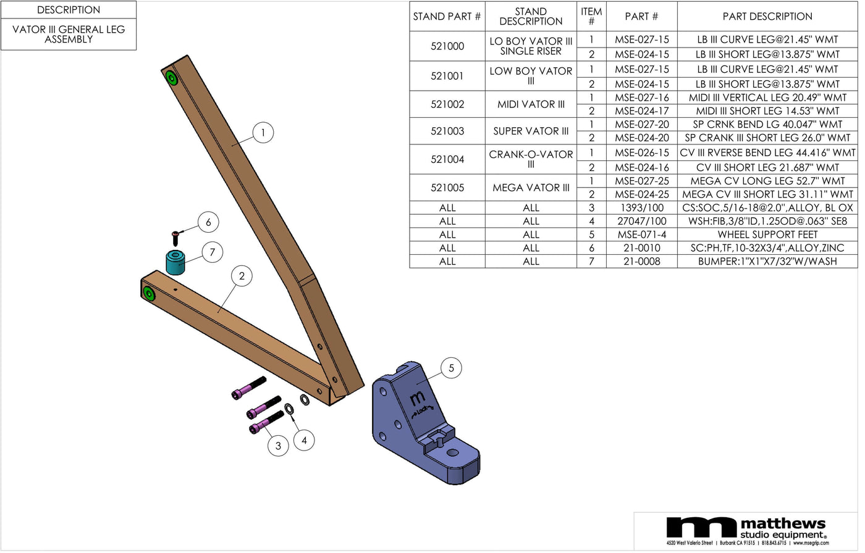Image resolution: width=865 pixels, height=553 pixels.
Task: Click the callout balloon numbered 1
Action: click(x=263, y=133)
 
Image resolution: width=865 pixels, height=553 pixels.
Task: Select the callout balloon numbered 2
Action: click(x=242, y=276)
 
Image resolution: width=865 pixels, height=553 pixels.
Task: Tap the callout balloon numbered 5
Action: click(x=451, y=368)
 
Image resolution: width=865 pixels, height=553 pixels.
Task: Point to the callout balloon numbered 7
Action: click(x=212, y=252)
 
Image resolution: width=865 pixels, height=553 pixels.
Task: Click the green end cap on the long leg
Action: click(x=171, y=79)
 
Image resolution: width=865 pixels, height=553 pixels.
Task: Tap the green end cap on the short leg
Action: click(x=148, y=293)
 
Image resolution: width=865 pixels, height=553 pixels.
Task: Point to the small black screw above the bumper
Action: click(x=176, y=236)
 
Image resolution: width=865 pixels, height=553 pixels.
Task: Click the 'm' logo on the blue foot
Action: click(x=418, y=397)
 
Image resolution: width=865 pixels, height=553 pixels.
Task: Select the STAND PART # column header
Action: click(x=447, y=17)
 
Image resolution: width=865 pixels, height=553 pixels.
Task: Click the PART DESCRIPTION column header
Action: click(x=767, y=17)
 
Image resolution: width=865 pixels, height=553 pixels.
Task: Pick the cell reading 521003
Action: click(x=447, y=131)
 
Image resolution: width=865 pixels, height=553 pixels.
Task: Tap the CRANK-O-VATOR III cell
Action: click(x=531, y=159)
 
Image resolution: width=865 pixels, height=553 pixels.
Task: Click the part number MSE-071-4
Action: click(x=641, y=235)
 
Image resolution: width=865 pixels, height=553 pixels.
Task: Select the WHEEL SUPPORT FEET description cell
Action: click(x=767, y=235)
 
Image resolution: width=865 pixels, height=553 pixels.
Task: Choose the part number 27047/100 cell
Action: click(x=641, y=221)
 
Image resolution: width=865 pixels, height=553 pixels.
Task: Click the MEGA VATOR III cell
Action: click(x=531, y=188)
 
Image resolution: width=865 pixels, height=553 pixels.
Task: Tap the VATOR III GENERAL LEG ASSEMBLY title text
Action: click(x=69, y=34)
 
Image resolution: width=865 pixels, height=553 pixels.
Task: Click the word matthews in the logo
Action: click(x=783, y=523)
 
